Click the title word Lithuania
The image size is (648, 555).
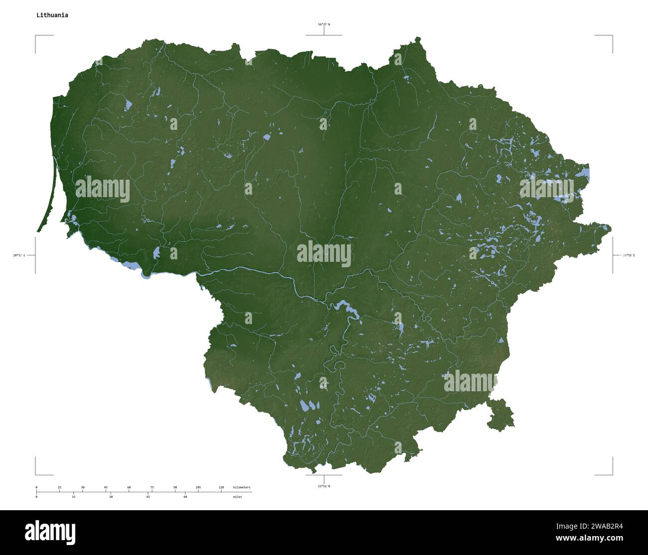52,15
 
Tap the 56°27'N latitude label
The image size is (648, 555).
324,24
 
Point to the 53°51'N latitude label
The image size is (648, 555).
324,486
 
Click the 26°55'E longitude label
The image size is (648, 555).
629,255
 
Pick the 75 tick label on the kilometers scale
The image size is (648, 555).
152,487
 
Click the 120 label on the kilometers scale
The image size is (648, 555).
221,487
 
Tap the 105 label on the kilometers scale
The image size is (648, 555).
198,487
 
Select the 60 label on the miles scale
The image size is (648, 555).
185,497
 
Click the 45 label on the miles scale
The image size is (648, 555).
148,497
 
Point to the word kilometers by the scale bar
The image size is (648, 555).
242,487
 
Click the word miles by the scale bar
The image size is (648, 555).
237,497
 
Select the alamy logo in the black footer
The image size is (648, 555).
50,532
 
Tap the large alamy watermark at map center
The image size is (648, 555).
324,253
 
